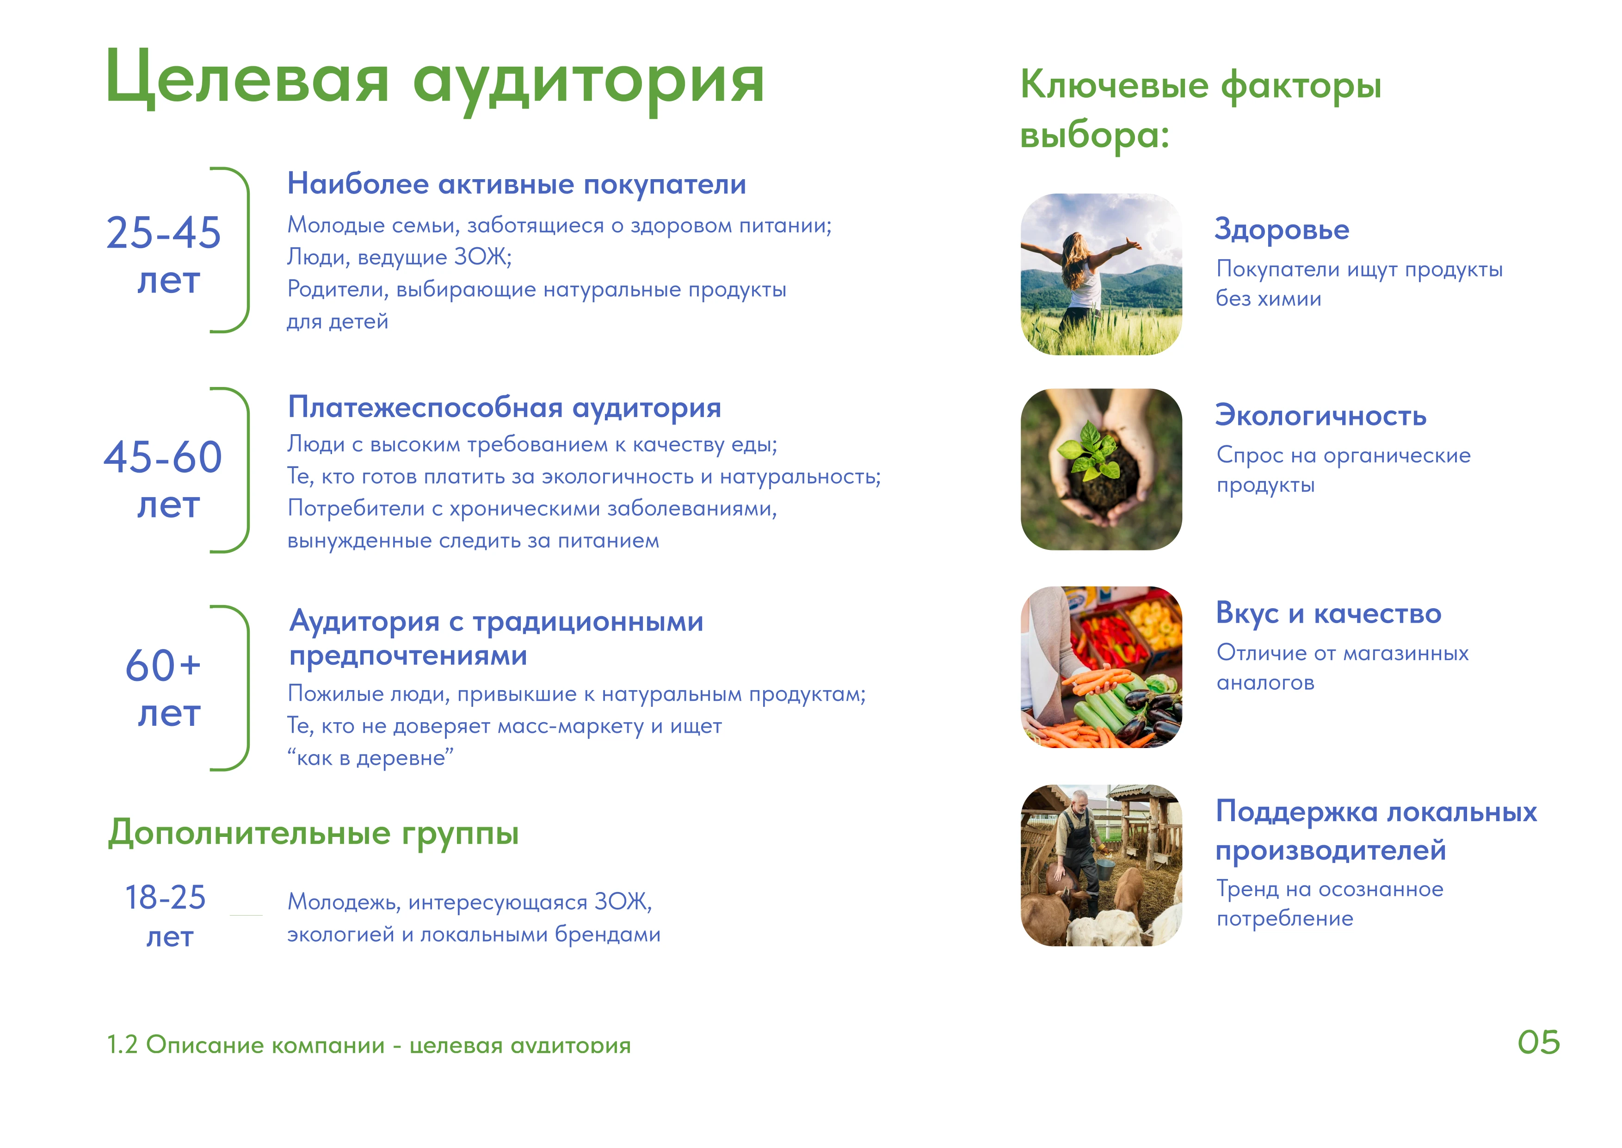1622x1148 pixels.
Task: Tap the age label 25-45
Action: click(x=163, y=232)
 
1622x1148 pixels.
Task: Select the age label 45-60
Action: click(x=163, y=457)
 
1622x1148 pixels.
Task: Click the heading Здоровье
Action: click(x=1282, y=230)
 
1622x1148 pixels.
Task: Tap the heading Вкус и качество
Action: click(x=1328, y=613)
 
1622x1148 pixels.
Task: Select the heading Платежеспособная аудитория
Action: click(x=505, y=408)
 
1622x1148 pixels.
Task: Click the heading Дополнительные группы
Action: click(x=313, y=833)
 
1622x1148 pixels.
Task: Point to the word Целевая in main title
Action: click(x=247, y=79)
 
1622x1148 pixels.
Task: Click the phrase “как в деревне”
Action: click(x=370, y=758)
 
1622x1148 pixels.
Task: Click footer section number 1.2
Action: click(x=122, y=1045)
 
